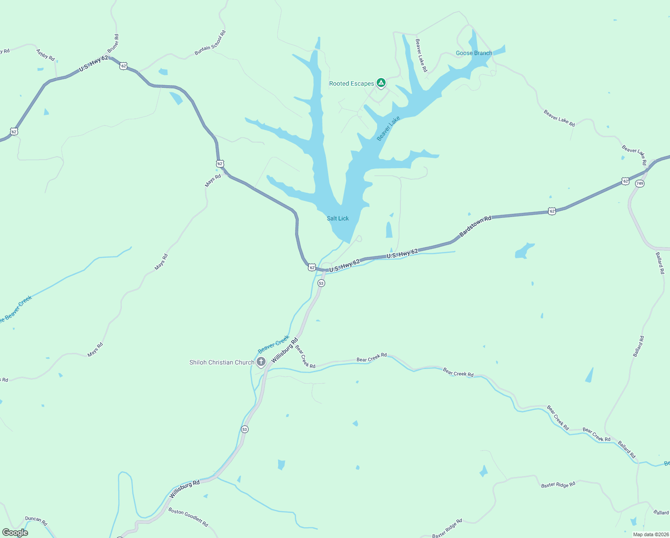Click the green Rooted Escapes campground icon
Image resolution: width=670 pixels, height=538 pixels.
pyautogui.click(x=381, y=83)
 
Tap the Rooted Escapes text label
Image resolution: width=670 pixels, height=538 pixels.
pyautogui.click(x=351, y=84)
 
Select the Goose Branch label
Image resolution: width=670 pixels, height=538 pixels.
pyautogui.click(x=474, y=53)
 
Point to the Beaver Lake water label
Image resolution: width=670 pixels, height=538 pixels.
pyautogui.click(x=388, y=129)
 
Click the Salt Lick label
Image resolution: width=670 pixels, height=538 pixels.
pyautogui.click(x=338, y=218)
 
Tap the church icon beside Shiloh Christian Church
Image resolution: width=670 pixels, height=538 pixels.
pyautogui.click(x=261, y=361)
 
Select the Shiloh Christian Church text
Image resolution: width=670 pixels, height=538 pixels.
pyautogui.click(x=222, y=362)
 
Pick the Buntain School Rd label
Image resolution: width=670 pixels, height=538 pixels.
pyautogui.click(x=210, y=43)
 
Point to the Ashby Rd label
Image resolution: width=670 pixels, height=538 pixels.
pyautogui.click(x=45, y=55)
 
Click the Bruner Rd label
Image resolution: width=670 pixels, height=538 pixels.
pyautogui.click(x=113, y=43)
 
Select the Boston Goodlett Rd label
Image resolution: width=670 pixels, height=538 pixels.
pyautogui.click(x=188, y=517)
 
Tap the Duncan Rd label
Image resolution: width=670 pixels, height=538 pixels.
pyautogui.click(x=36, y=521)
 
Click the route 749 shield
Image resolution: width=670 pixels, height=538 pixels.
pyautogui.click(x=640, y=184)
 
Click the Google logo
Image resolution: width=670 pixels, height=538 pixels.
pyautogui.click(x=15, y=533)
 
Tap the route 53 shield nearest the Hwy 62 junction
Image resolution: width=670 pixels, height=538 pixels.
pyautogui.click(x=321, y=283)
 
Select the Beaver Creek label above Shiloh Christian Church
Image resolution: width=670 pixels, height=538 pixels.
pyautogui.click(x=273, y=345)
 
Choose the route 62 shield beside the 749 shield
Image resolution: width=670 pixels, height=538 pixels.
pyautogui.click(x=625, y=181)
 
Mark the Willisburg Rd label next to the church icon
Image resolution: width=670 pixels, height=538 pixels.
pyautogui.click(x=284, y=351)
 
